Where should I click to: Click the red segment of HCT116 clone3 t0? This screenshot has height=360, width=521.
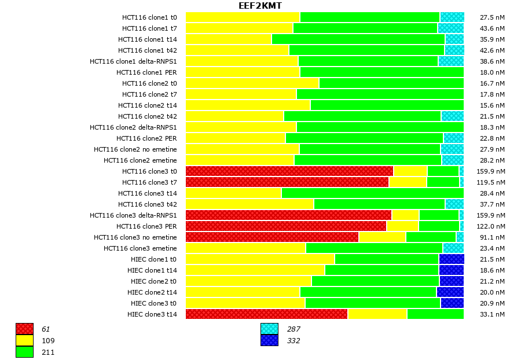click(x=289, y=171)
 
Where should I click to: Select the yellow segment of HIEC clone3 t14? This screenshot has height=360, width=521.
click(x=377, y=314)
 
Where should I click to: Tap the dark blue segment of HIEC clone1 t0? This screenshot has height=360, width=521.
click(x=451, y=259)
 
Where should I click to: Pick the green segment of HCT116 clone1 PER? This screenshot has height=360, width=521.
click(x=381, y=72)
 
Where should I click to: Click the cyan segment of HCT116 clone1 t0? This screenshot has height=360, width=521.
click(x=452, y=17)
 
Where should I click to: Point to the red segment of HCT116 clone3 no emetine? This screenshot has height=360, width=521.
click(x=272, y=237)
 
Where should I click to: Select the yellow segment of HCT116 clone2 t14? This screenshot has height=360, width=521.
click(x=248, y=105)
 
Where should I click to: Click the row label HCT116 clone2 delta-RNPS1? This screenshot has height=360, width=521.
click(x=133, y=127)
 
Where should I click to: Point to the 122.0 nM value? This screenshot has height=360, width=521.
click(x=492, y=226)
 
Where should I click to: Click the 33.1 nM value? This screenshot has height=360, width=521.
click(x=492, y=314)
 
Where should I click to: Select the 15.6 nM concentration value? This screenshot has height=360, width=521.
click(x=492, y=105)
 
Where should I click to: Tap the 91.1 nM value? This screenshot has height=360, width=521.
click(x=492, y=237)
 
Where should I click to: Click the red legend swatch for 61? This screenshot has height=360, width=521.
click(x=24, y=329)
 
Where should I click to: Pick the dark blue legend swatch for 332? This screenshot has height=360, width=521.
click(x=269, y=340)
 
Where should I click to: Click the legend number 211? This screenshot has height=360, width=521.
click(x=48, y=352)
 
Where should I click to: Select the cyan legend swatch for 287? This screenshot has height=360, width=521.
click(x=269, y=329)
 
